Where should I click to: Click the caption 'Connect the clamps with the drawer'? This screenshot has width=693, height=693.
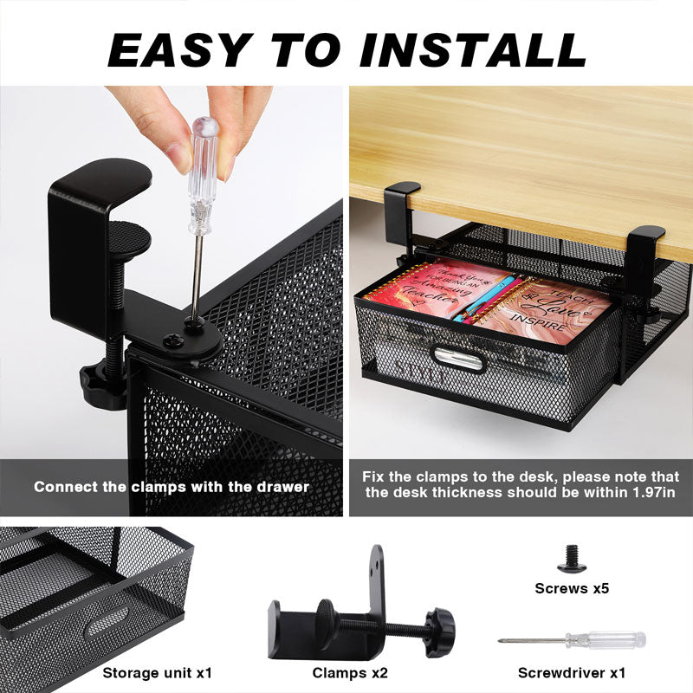coord(171,487)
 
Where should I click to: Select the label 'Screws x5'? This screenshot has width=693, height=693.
coord(572,588)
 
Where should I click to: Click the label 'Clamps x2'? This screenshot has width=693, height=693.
coord(350,672)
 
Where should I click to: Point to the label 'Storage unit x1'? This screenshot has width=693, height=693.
coord(157,672)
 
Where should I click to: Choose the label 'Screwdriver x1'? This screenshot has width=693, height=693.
coord(572,672)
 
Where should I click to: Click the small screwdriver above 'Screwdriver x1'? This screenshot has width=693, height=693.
coord(572,640)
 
